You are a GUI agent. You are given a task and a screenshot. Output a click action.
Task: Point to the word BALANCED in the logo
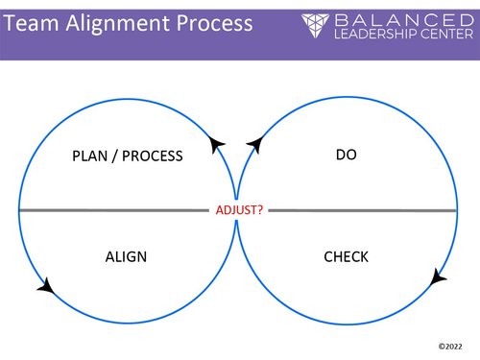397,19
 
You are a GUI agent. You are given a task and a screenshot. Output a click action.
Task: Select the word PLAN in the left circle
92,156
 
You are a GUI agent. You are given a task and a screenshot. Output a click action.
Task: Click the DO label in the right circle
347,153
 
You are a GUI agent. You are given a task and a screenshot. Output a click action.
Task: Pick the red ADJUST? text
239,207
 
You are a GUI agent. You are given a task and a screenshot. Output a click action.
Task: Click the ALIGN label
125,256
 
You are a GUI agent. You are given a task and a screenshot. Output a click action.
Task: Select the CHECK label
346,256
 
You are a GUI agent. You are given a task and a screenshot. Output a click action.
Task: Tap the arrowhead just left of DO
254,145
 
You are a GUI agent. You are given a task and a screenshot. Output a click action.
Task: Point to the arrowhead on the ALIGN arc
43,284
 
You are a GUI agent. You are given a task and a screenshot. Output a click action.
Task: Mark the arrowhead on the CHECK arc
438,277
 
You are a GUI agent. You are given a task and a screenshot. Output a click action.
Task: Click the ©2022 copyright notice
448,343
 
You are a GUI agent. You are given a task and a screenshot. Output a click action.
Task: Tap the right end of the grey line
456,209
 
